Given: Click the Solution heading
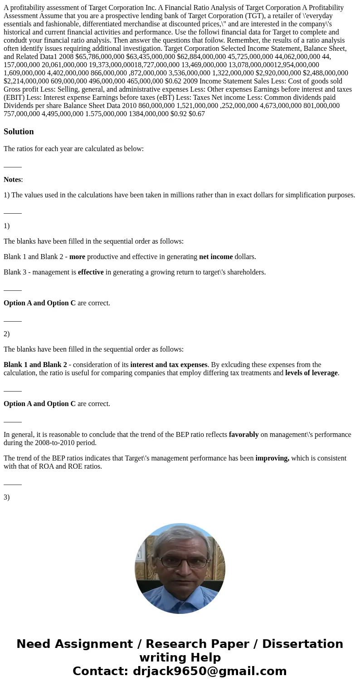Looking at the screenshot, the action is coord(19,132).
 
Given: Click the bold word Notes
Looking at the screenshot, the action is coord(12,180).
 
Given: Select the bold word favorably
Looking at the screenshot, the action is coord(243,435).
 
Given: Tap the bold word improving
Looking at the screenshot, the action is coord(272,458).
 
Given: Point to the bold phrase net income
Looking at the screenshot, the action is coord(216,257).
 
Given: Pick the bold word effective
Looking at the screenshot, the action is coord(91,272).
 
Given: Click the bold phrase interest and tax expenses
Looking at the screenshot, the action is coord(169,365).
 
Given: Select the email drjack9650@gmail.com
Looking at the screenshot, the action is coord(209,671).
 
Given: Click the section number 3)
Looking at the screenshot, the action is coord(7,497).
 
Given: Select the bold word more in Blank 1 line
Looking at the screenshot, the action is coord(77,257).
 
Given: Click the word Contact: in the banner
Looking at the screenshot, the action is coord(101,671).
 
